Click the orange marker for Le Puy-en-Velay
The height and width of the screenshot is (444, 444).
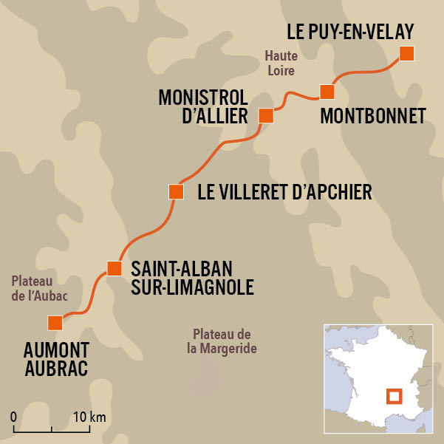click(406, 53)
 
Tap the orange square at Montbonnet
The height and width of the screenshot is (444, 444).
click(327, 92)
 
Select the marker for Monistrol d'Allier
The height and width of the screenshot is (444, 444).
click(266, 115)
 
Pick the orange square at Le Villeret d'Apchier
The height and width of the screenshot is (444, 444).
click(176, 192)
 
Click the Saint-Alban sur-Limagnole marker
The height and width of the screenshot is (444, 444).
click(114, 267)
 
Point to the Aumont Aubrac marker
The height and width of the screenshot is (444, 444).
click(55, 323)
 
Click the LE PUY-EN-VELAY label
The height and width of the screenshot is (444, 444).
click(349, 31)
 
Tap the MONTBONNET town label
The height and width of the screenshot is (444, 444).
click(374, 116)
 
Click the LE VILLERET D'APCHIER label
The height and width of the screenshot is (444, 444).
click(284, 193)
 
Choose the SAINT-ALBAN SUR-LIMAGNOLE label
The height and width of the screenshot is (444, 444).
click(192, 277)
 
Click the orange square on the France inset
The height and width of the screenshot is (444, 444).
click(395, 396)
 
